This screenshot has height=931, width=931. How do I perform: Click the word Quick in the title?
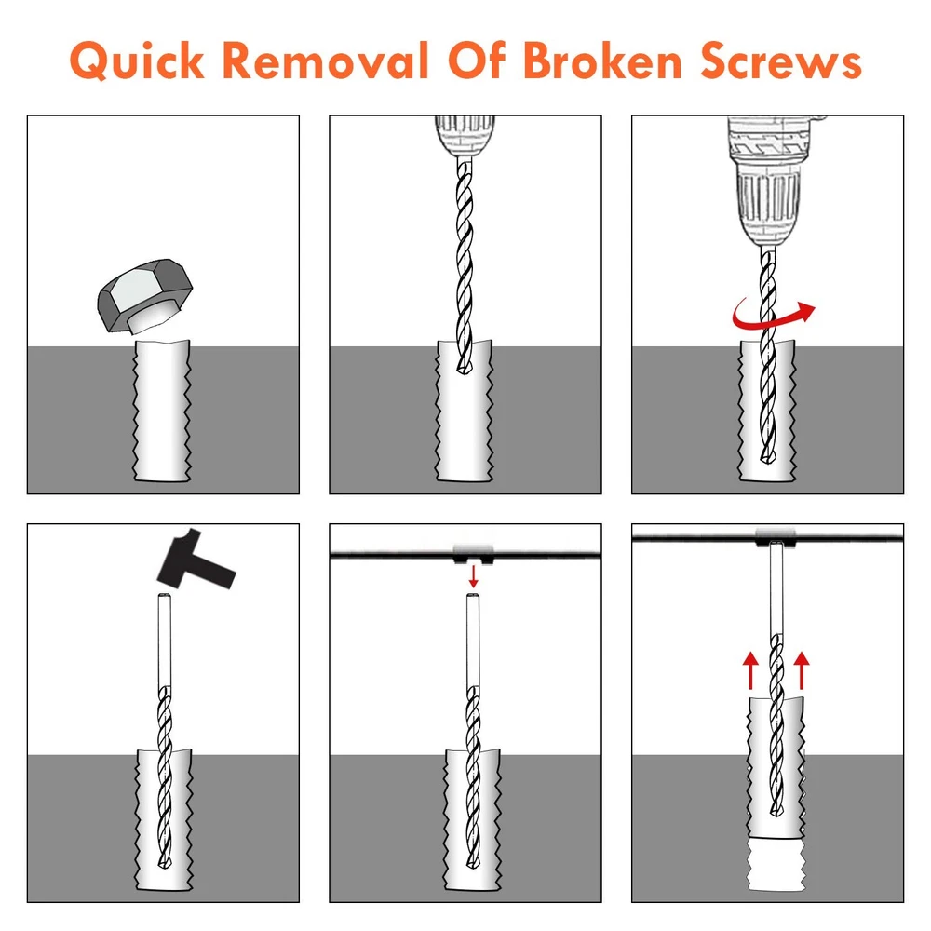(x=137, y=61)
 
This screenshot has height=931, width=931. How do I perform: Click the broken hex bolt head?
(x=145, y=295)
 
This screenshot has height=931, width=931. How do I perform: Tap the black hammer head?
(x=196, y=560)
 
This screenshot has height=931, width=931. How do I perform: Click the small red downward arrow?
(x=473, y=576)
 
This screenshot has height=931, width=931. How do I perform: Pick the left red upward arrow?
(x=750, y=669)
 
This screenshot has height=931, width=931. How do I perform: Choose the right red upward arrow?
(x=802, y=669)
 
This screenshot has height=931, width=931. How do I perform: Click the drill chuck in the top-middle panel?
(x=465, y=137)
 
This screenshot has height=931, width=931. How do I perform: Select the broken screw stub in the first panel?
(x=162, y=411)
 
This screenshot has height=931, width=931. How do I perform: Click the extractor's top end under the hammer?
(x=165, y=597)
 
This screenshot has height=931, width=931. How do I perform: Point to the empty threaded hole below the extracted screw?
(x=776, y=865)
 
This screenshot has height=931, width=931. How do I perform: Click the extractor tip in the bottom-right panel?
(x=775, y=808)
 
